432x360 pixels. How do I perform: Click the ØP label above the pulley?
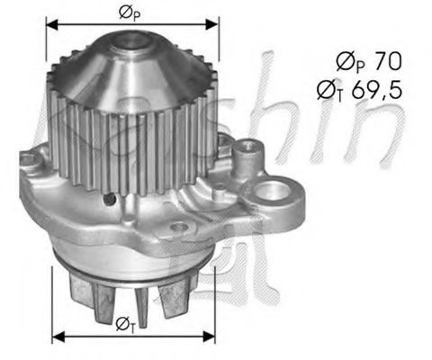[x=129, y=13]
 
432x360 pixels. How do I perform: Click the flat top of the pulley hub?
[x=133, y=38]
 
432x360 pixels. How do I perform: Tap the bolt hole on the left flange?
[x=28, y=162]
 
